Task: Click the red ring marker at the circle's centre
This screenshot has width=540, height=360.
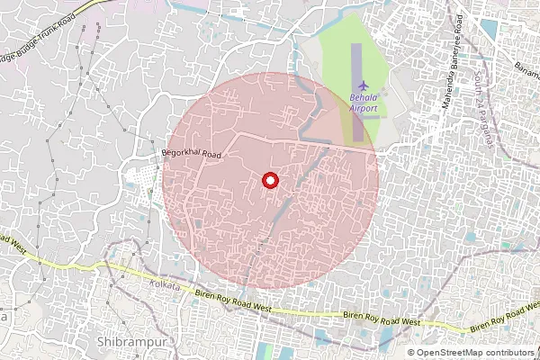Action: click(268, 180)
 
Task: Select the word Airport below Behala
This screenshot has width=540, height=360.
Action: click(364, 108)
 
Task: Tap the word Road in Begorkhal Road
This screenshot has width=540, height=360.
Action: click(211, 155)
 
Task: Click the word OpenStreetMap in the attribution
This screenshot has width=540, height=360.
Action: click(453, 352)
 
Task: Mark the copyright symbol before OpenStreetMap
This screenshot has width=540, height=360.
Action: click(411, 352)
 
